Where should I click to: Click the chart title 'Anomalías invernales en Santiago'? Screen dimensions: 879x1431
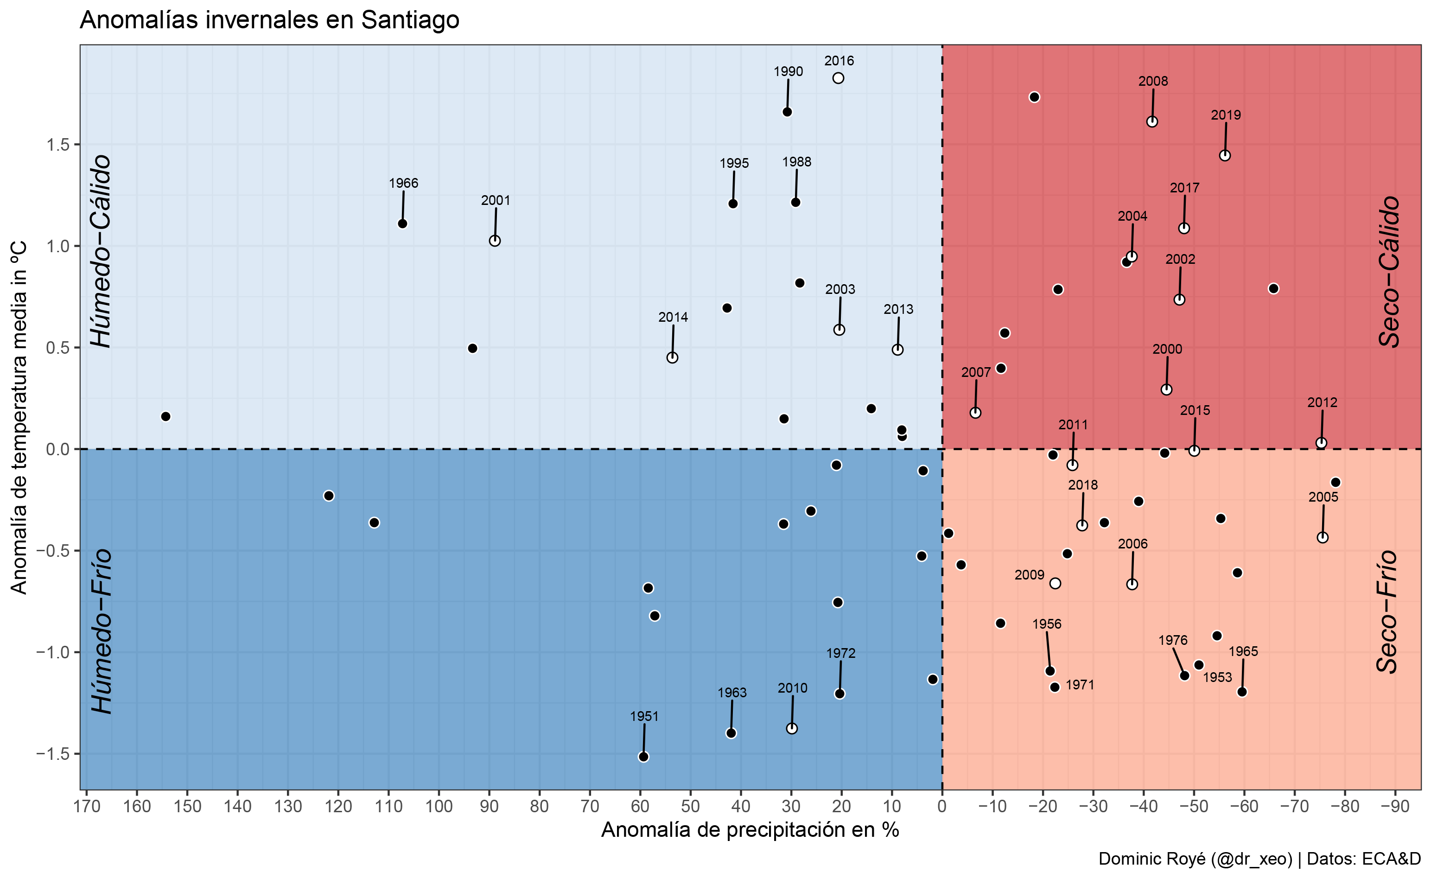click(269, 20)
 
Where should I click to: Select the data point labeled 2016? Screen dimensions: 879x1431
click(838, 78)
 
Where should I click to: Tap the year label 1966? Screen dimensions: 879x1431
click(403, 183)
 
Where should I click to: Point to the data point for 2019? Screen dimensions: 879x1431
click(1225, 155)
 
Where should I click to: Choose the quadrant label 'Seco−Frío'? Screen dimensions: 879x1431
click(1387, 611)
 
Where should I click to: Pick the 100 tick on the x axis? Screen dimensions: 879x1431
click(439, 807)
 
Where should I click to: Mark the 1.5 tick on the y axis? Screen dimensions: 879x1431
click(57, 144)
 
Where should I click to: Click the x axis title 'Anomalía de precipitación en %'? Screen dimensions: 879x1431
click(750, 829)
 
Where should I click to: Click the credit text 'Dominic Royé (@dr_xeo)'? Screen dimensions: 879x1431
click(1195, 859)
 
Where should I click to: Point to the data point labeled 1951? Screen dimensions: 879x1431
click(643, 756)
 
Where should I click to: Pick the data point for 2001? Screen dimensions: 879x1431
click(495, 241)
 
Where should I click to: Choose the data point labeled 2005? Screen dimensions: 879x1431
click(1323, 537)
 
